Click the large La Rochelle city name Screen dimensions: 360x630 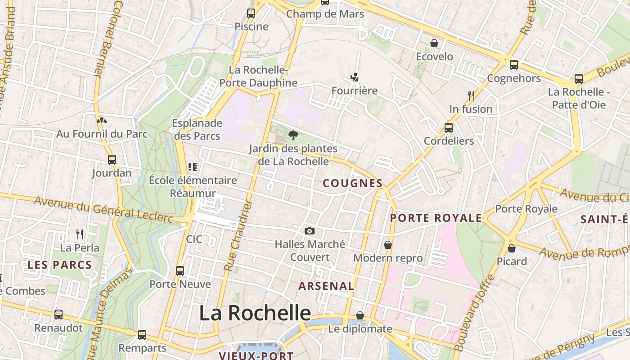pos(255,313)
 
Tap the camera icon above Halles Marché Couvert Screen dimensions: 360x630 pos(310,231)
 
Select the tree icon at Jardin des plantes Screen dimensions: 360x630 pos(293,135)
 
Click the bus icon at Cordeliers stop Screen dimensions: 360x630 pos(449,127)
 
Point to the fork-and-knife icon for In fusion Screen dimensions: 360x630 pos(471,95)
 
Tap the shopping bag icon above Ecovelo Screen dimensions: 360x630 pos(434,43)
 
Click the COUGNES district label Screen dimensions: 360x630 pos(353,183)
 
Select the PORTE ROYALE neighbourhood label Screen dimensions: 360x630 pos(436,218)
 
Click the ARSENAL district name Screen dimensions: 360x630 pos(326,286)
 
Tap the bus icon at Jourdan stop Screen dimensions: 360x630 pos(112,159)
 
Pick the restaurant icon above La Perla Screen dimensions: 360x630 pos(80,234)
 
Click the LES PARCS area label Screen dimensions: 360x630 pos(60,265)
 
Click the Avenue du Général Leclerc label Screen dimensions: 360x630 pos(103,209)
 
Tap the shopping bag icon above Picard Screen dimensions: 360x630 pos(512,248)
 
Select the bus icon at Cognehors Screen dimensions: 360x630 pos(513,65)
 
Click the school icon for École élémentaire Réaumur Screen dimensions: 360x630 pos(193,167)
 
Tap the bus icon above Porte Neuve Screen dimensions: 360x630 pos(180,270)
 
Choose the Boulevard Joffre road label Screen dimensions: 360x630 pos(475,312)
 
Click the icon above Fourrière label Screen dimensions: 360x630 pos(355,77)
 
